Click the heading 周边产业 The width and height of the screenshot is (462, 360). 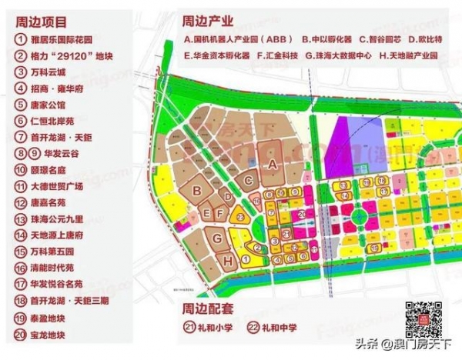(207, 18)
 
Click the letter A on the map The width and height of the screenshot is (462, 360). (271, 164)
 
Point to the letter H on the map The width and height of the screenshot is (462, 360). (228, 261)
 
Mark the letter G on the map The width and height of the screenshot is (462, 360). (218, 238)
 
